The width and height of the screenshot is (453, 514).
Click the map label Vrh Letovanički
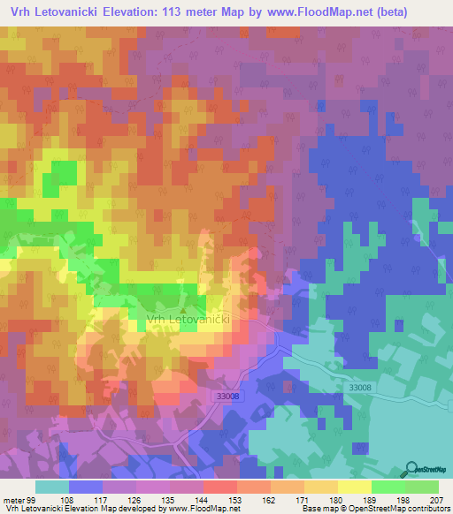tap(188, 321)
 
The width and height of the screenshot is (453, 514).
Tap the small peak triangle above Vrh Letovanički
tap(183, 310)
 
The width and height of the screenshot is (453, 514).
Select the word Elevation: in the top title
tap(148, 12)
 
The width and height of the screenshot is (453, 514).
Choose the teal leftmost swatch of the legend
tap(52, 488)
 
